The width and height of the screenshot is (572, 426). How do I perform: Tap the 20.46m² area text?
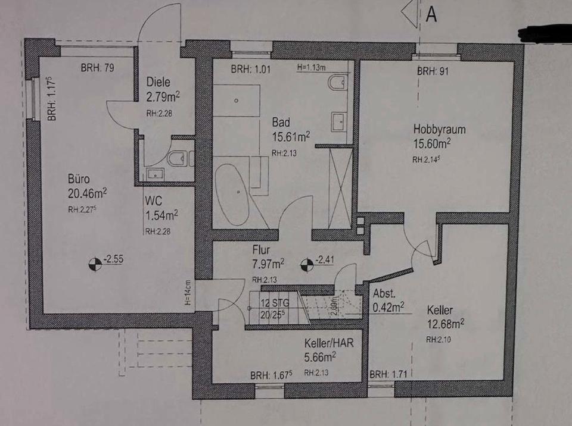pyautogui.click(x=87, y=192)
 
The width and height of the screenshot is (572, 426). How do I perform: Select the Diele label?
pyautogui.click(x=158, y=83)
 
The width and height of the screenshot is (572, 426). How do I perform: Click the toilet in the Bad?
pyautogui.click(x=337, y=83)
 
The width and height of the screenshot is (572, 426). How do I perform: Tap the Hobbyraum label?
pyautogui.click(x=440, y=129)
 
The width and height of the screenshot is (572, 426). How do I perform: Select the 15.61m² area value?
pyautogui.click(x=291, y=137)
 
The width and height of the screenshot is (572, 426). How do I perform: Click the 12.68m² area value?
pyautogui.click(x=445, y=324)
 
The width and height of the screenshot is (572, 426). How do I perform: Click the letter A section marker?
pyautogui.click(x=431, y=15)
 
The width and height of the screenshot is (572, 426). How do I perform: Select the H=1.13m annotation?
pyautogui.click(x=312, y=68)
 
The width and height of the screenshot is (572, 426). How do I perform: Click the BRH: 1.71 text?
pyautogui.click(x=388, y=375)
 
